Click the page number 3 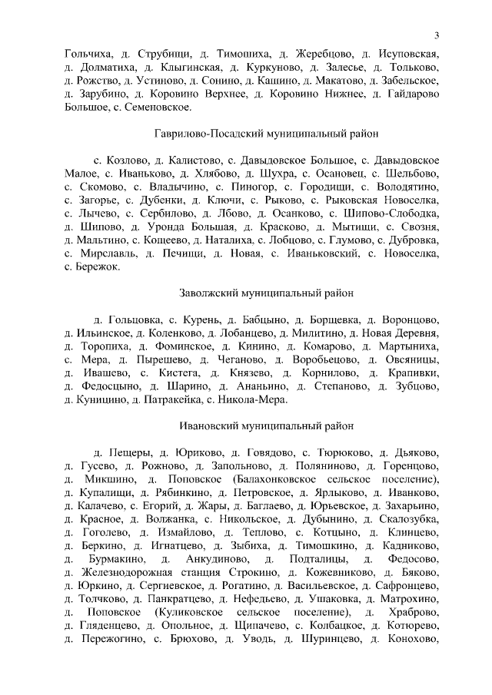[436, 35]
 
